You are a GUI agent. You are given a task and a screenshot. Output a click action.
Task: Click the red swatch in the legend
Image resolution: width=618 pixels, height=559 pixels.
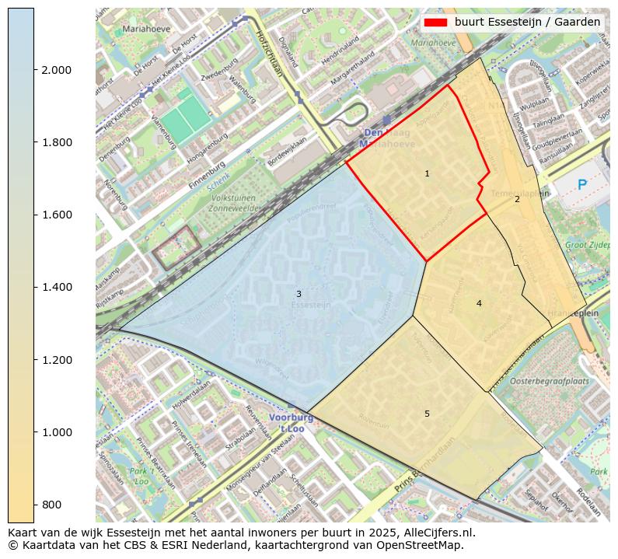pos(436,23)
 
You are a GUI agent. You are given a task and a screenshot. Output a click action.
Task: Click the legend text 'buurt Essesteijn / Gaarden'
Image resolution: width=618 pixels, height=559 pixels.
pos(527,23)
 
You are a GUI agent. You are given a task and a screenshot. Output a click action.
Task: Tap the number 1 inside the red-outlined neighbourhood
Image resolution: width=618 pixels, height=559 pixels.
pos(427,173)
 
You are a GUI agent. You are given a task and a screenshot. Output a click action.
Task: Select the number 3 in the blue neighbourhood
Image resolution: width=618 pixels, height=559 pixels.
pos(298,294)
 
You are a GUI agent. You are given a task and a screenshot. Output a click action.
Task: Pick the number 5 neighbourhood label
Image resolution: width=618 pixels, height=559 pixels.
pos(427,414)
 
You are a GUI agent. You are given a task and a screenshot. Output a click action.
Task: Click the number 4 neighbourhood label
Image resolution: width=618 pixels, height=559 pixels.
pos(479,303)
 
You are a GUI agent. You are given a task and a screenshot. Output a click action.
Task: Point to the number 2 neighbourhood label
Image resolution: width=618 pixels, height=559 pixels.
pos(517,200)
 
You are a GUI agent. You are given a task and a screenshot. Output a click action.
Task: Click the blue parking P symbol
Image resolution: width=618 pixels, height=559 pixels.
pos(582,185)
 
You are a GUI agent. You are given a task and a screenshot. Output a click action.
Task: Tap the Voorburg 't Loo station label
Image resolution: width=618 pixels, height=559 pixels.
pos(292,422)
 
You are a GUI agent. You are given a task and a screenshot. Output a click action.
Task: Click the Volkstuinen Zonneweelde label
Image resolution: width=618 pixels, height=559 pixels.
pos(233,204)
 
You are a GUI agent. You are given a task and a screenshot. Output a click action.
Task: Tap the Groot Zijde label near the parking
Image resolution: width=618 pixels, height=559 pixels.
pos(587,245)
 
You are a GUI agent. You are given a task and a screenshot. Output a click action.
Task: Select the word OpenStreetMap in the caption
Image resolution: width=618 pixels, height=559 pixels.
pos(422,545)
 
